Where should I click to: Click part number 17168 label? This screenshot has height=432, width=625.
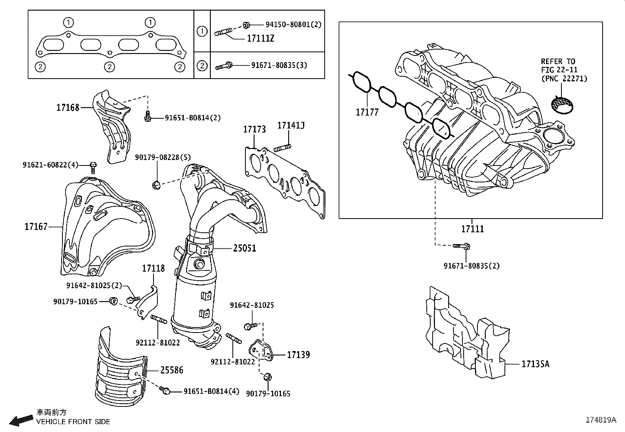tap(68, 107)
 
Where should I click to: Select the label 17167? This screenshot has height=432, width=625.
tap(36, 226)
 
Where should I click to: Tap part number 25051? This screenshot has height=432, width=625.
tap(244, 248)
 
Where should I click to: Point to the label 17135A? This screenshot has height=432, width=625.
tap(535, 364)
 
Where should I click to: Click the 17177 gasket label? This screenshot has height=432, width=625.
tap(367, 112)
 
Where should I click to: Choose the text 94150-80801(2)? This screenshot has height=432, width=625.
tap(293, 24)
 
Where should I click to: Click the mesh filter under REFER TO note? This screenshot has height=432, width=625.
tap(561, 103)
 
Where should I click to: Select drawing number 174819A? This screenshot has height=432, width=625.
tap(601, 419)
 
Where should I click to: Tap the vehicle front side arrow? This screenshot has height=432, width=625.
tap(21, 421)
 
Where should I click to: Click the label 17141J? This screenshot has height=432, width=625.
tap(291, 125)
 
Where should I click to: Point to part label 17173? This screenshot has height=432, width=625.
tap(254, 129)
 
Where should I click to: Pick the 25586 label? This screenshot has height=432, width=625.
tap(171, 370)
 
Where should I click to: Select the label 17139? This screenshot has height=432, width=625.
tap(298, 355)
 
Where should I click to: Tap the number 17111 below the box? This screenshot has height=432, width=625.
tap(472, 228)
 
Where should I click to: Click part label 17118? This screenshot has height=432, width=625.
tap(153, 268)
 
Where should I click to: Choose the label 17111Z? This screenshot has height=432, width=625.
tap(260, 39)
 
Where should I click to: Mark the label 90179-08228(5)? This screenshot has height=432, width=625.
tap(163, 157)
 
